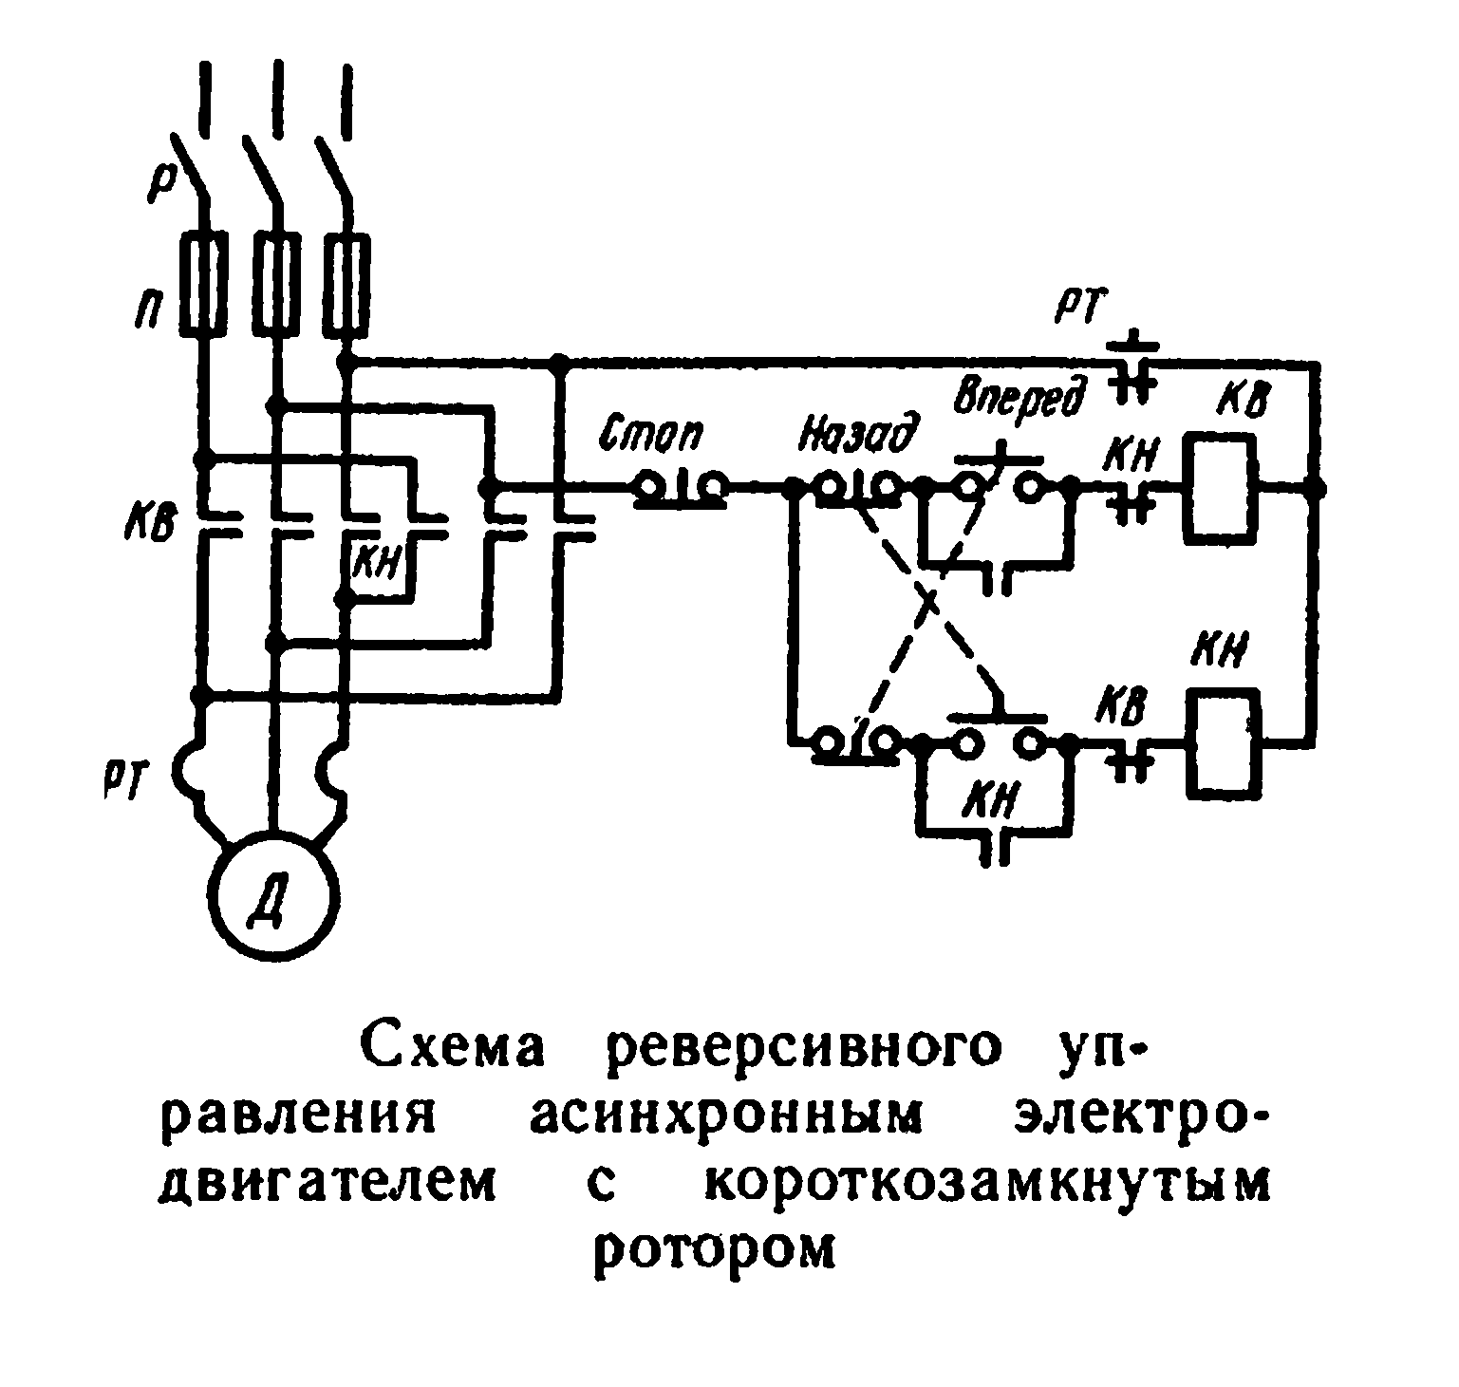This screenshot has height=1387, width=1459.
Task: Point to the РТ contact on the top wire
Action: pyautogui.click(x=1132, y=366)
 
